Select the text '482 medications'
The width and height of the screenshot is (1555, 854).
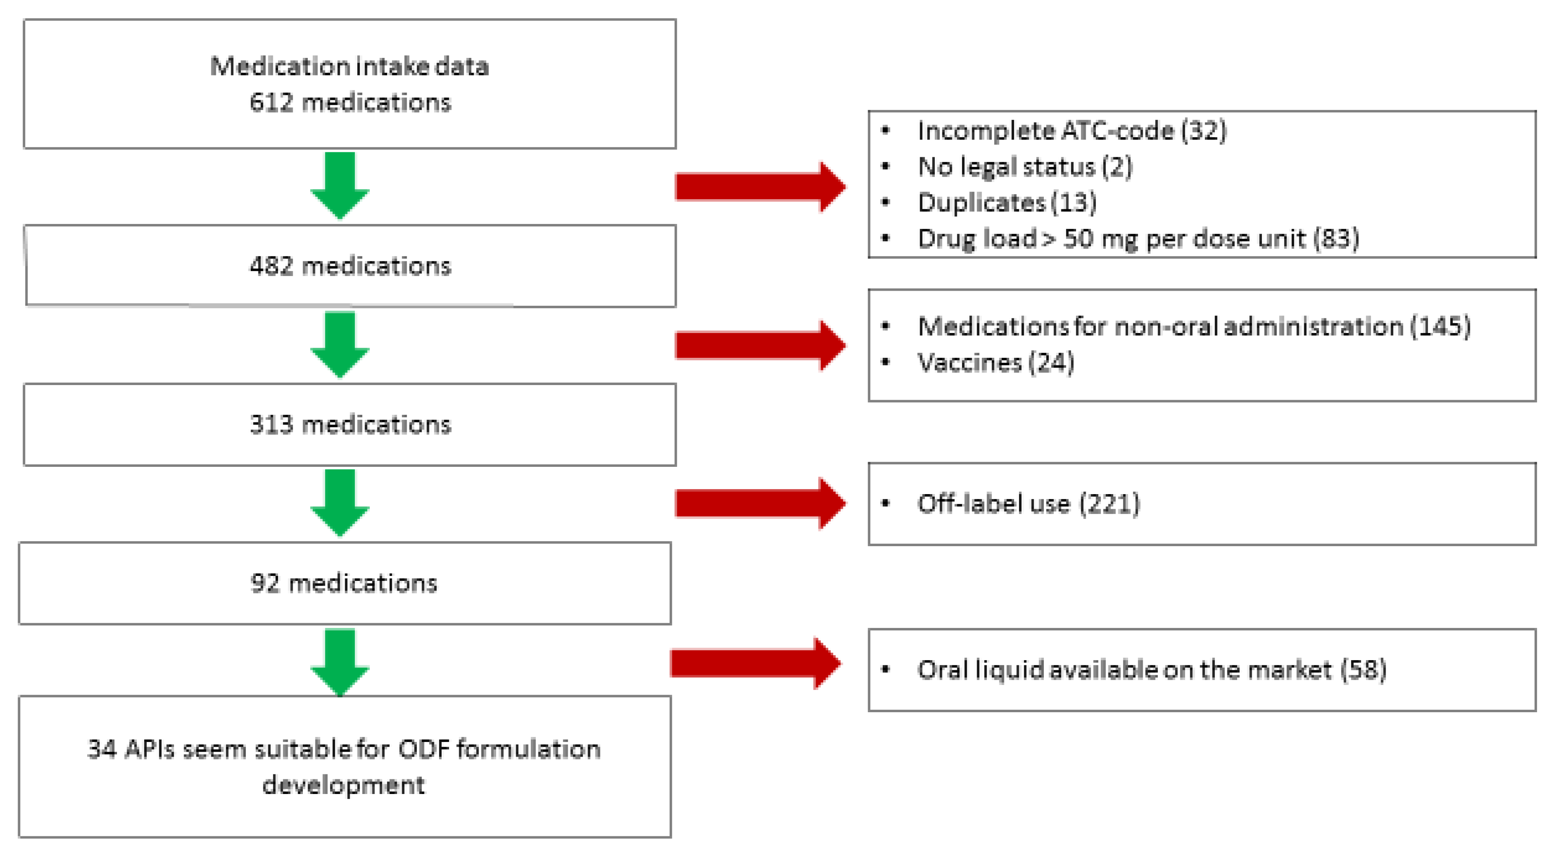[350, 266]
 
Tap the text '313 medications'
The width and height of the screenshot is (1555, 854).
[350, 424]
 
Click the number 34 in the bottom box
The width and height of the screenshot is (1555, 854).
[101, 750]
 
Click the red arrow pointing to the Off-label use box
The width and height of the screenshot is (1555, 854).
[759, 503]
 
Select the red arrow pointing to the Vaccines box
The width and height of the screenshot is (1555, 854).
[759, 346]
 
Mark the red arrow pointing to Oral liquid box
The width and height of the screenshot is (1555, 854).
[754, 663]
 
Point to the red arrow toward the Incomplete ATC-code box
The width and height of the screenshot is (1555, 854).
[759, 187]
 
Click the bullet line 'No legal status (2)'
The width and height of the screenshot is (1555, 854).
[1025, 167]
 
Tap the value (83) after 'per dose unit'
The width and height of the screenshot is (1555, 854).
[1336, 239]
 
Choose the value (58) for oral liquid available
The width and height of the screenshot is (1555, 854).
[1363, 670]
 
